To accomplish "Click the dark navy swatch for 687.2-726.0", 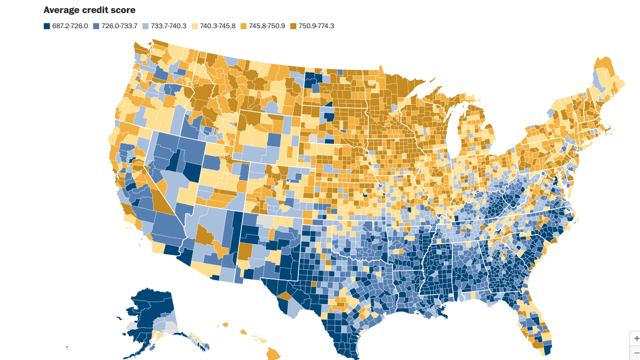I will click(47, 26).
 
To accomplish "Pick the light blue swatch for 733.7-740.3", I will click(146, 26).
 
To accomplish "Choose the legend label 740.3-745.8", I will click(218, 26).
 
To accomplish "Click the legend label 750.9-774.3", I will click(316, 26).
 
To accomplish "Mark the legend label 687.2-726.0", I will click(70, 26).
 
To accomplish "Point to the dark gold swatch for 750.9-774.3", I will click(294, 26).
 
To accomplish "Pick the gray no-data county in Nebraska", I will click(313, 137).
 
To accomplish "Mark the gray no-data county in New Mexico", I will click(265, 221).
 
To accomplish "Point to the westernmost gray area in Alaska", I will click(132, 326).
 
